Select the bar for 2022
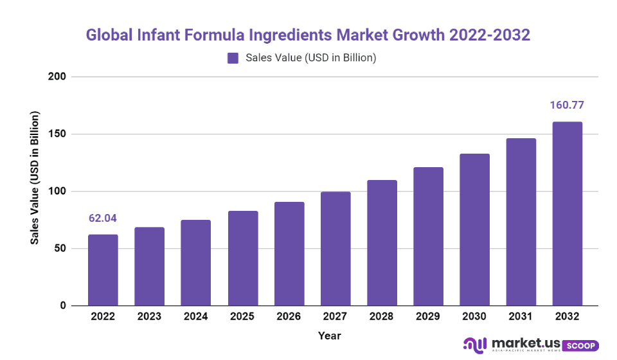tap(103, 270)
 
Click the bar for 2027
tap(335, 249)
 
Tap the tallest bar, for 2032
tap(568, 213)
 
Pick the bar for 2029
tap(428, 237)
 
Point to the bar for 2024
tap(196, 263)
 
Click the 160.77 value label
tap(568, 105)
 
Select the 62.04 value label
tap(103, 219)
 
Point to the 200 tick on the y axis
tap(58, 77)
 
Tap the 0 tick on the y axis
tap(63, 306)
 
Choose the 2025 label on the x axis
tap(242, 317)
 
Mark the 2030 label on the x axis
tap(474, 317)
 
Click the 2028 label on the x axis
tap(382, 317)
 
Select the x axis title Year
tap(329, 336)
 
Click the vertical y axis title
tap(36, 177)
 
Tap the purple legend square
tap(233, 59)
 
